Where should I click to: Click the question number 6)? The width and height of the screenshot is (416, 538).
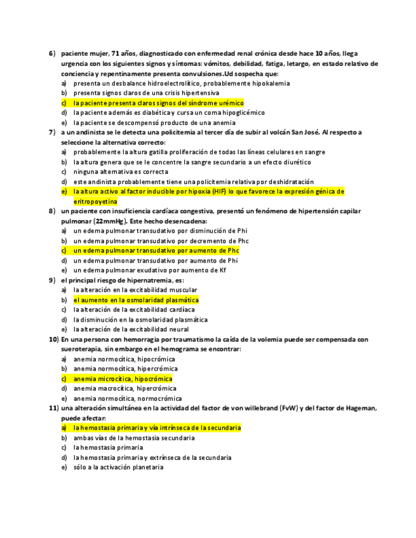(x=53, y=54)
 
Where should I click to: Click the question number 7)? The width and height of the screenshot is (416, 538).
(x=53, y=133)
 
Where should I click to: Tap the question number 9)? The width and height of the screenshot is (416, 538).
(x=53, y=280)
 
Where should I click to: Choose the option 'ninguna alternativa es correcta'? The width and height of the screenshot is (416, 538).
(x=121, y=172)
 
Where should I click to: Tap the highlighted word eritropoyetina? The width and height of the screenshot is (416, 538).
(x=95, y=201)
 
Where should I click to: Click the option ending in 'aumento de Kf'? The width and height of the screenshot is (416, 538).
(x=150, y=270)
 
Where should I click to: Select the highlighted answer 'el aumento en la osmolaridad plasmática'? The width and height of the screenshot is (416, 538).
(x=136, y=300)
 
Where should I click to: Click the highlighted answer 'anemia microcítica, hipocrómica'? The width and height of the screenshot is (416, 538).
(x=123, y=379)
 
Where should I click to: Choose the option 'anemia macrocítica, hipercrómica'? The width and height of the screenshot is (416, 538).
(x=125, y=388)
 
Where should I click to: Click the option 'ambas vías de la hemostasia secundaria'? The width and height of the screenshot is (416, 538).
(x=134, y=438)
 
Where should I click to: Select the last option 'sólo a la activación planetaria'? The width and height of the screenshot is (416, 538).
(x=118, y=467)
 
